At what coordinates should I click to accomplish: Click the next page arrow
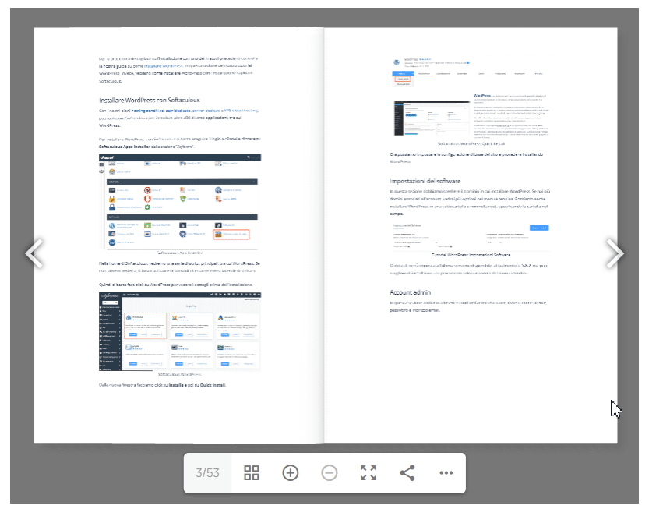(x=615, y=253)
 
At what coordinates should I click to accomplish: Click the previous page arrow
(x=34, y=253)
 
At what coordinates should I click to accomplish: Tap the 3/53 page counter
(x=208, y=473)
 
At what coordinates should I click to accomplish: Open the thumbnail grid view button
(x=252, y=473)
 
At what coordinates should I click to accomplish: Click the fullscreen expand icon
(x=369, y=473)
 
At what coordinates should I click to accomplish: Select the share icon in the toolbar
(x=407, y=473)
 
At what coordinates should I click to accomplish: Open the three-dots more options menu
(x=446, y=473)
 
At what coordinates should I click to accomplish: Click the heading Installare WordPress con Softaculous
(x=150, y=101)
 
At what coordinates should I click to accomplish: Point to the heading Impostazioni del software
(x=425, y=181)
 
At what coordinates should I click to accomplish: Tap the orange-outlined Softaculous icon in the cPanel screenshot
(x=231, y=233)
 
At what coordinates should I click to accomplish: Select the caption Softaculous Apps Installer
(x=179, y=253)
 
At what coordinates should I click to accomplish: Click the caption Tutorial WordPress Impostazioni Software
(x=471, y=254)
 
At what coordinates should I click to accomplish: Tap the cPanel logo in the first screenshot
(x=108, y=157)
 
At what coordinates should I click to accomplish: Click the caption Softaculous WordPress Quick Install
(x=471, y=144)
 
